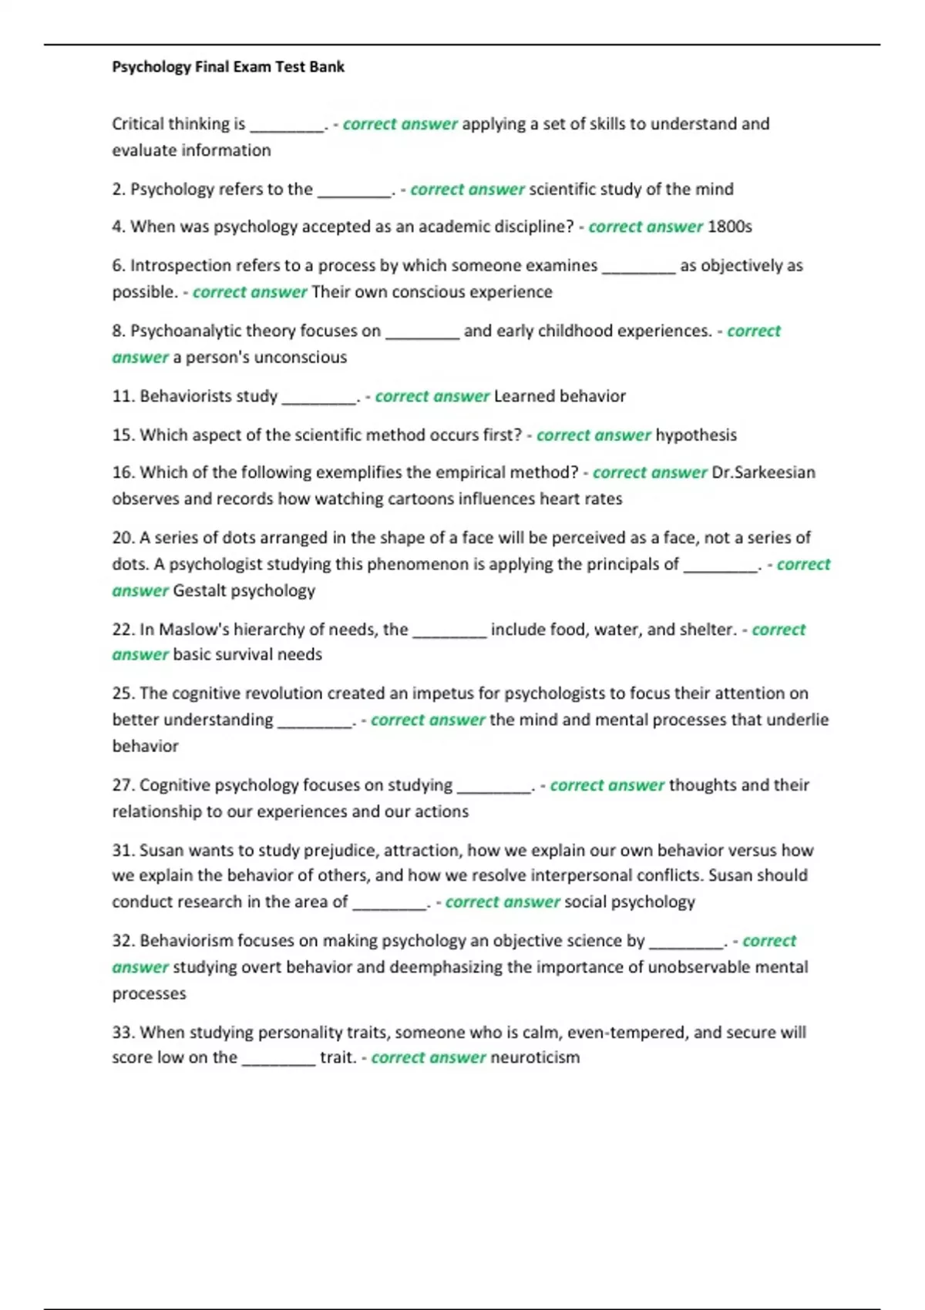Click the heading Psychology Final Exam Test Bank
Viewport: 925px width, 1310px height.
[x=228, y=67]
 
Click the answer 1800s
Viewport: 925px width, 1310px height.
[x=729, y=227]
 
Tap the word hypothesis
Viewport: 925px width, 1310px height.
[x=696, y=435]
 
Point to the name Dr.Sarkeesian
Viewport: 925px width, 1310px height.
[x=763, y=472]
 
